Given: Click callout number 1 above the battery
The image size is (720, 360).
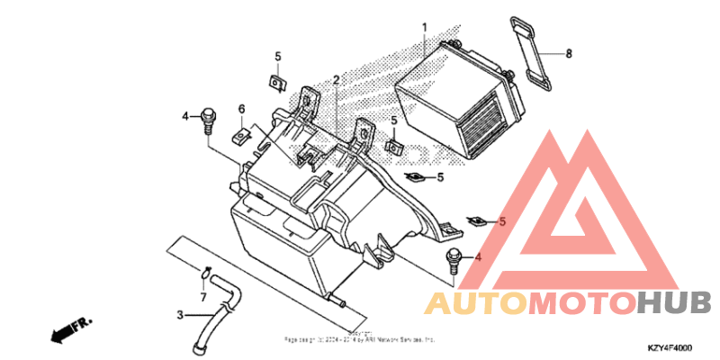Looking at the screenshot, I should (424, 28).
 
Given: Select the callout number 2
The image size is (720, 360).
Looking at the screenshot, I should (336, 80).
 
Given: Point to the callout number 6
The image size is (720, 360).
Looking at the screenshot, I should (241, 109).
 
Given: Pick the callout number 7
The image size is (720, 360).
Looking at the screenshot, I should (203, 296).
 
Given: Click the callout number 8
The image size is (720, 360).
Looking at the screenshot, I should (569, 54).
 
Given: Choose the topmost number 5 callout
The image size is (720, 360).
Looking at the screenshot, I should (278, 56).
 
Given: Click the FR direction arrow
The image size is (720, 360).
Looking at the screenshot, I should (67, 329).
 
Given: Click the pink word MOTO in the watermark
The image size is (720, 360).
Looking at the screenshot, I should (581, 303).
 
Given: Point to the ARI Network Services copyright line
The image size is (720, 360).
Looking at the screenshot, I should (360, 340).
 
